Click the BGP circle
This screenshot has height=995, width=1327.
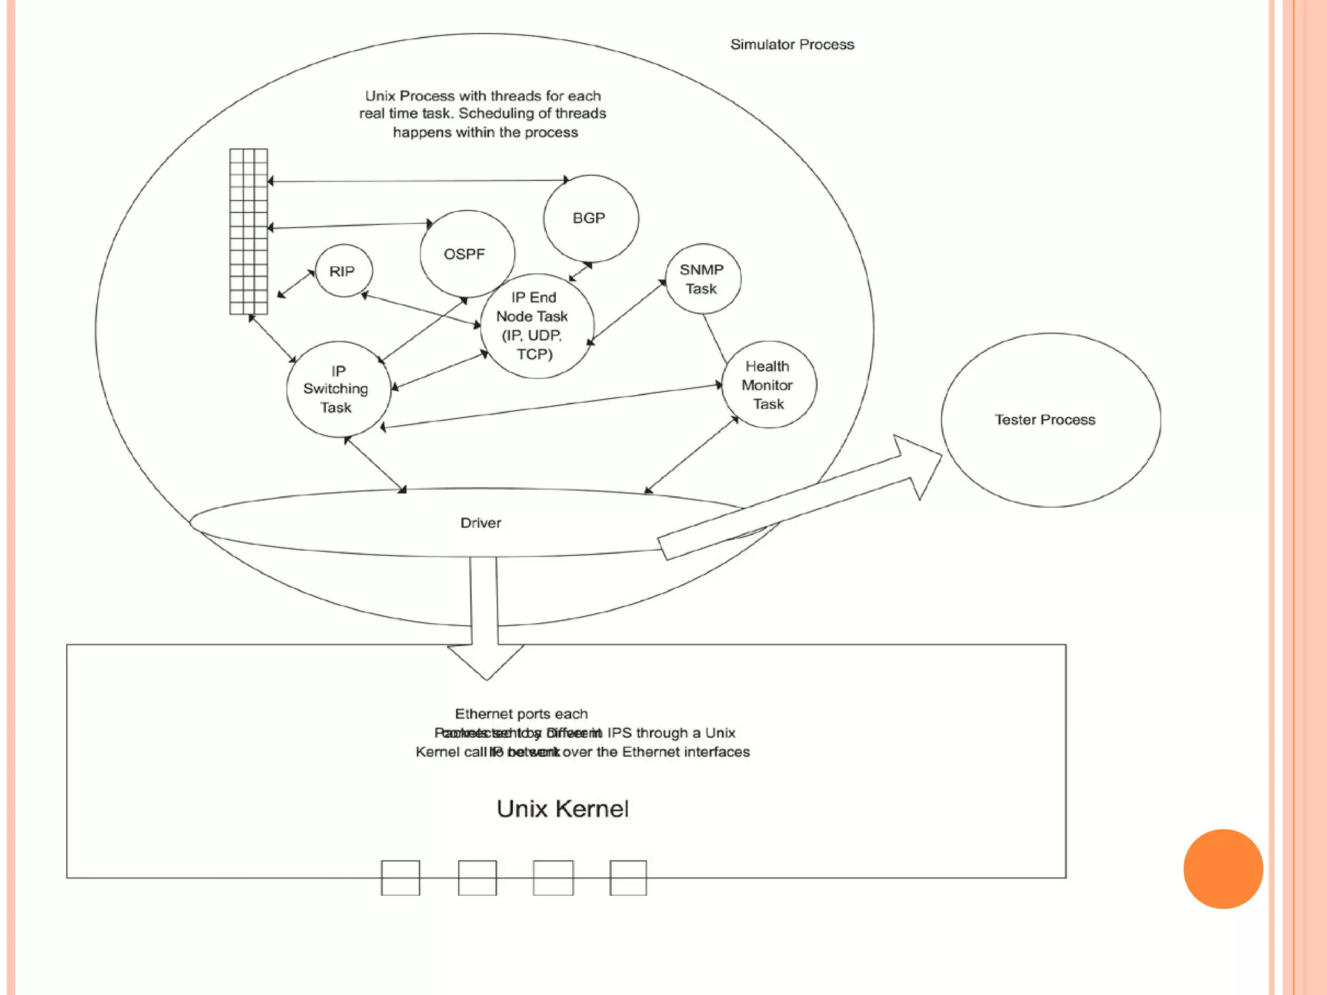(x=590, y=218)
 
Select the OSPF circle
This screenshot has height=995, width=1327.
(x=467, y=254)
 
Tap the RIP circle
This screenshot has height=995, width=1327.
(x=343, y=271)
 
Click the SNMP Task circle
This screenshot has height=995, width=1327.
(x=702, y=279)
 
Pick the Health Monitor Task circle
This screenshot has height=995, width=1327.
(x=768, y=385)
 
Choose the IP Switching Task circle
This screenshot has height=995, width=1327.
(x=338, y=389)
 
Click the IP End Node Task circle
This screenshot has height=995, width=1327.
(x=536, y=326)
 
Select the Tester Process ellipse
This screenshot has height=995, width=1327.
(x=1050, y=420)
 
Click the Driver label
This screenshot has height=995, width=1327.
(x=480, y=523)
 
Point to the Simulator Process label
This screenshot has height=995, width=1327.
(x=792, y=45)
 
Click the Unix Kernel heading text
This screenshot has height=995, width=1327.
(x=562, y=808)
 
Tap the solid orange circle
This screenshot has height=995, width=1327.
(x=1223, y=869)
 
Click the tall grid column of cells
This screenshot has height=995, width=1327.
(x=248, y=231)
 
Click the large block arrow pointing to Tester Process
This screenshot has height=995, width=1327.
(x=797, y=499)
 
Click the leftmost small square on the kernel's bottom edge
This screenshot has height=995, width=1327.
(x=400, y=878)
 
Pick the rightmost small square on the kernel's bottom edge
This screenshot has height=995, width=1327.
(x=628, y=878)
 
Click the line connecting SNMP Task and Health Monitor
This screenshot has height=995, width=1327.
(x=715, y=339)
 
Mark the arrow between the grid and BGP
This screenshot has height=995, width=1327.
(x=418, y=181)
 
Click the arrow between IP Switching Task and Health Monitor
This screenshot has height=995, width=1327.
(x=551, y=406)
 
